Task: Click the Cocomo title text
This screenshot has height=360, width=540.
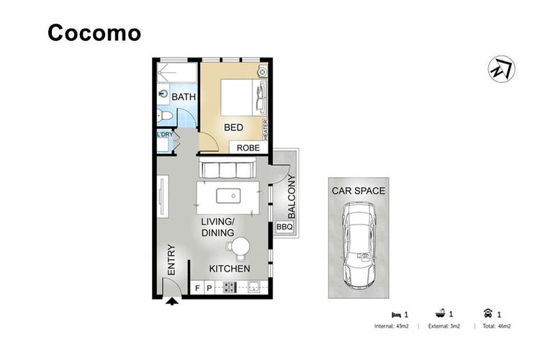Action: coord(94,32)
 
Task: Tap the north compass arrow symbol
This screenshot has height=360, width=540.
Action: coord(501,69)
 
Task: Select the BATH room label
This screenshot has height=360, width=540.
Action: coord(184,96)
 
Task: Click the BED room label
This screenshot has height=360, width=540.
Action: coord(233,127)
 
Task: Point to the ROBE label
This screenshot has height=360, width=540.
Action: coord(248,148)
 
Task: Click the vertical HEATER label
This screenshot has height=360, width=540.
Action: coord(265,130)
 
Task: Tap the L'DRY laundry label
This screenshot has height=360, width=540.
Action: coord(165,135)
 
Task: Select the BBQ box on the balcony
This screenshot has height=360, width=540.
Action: coord(285,227)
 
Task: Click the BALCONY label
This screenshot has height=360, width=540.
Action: coord(292,197)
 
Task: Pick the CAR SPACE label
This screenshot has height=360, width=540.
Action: coord(359,191)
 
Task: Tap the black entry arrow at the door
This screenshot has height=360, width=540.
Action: coord(172,302)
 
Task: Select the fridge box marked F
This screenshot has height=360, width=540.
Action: coord(197,288)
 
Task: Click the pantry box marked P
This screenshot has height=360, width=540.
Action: coord(210,288)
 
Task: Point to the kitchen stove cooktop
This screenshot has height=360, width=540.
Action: coord(230,287)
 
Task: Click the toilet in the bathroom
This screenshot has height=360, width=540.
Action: coord(164,116)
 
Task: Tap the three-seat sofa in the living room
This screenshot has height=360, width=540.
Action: coord(228,168)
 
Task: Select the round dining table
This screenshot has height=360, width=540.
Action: coord(240,246)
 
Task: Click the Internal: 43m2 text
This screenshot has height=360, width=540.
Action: coord(391,326)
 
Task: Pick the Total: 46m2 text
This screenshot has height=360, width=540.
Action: coord(496,326)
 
